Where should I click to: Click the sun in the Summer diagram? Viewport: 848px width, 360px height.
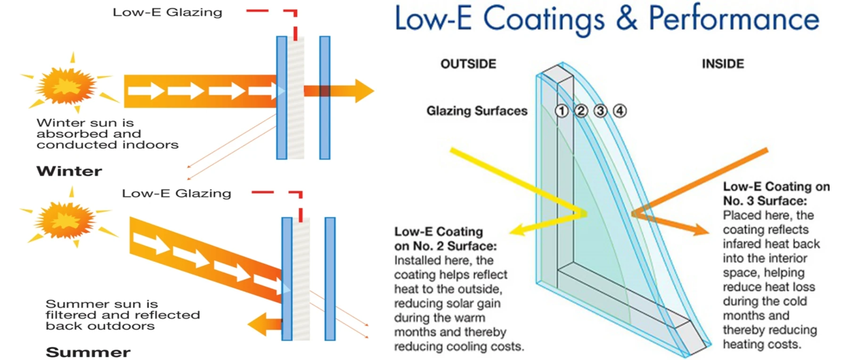pos(67,219)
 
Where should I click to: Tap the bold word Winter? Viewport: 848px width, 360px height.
pos(69,171)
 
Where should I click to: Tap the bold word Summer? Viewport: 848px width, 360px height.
pos(88,352)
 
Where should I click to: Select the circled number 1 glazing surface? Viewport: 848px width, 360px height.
pos(561,111)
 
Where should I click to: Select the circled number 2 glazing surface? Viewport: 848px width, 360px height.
pos(581,111)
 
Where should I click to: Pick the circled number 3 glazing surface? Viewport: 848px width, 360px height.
pos(600,111)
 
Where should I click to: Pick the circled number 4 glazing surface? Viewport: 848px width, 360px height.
pos(620,111)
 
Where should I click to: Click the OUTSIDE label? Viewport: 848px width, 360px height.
pos(468,64)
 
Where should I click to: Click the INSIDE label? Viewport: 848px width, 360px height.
pos(723,64)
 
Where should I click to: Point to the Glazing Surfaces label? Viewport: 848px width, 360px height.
pos(477,111)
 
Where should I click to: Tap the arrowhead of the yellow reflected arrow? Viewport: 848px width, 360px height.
pos(518,230)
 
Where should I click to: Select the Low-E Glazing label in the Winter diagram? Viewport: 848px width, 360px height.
pos(167,12)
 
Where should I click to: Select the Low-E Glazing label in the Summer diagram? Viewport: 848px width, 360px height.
pos(177,193)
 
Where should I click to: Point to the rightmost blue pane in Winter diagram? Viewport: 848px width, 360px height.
pos(325,98)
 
